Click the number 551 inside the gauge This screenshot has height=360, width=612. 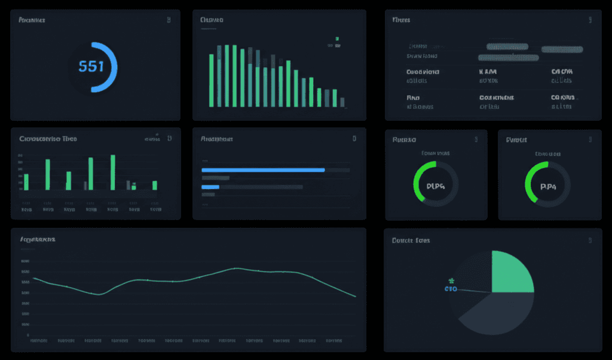coord(91,66)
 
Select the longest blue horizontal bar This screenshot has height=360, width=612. coord(263,170)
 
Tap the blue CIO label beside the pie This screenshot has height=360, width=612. coord(451,289)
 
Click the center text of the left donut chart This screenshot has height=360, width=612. coord(436,186)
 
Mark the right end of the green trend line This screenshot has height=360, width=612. coord(356,297)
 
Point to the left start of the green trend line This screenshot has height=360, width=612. coord(34,278)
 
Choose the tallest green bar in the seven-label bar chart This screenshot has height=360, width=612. coord(112,172)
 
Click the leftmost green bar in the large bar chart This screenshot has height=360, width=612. coord(212,81)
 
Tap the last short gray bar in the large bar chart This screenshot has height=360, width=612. coord(342,102)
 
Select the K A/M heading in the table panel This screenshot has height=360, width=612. coord(488,72)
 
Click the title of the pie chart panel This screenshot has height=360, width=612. coord(411,240)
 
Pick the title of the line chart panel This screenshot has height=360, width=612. coord(38,239)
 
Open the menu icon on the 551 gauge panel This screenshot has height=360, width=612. coord(169,20)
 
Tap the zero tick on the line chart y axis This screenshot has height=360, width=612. coord(29,335)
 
